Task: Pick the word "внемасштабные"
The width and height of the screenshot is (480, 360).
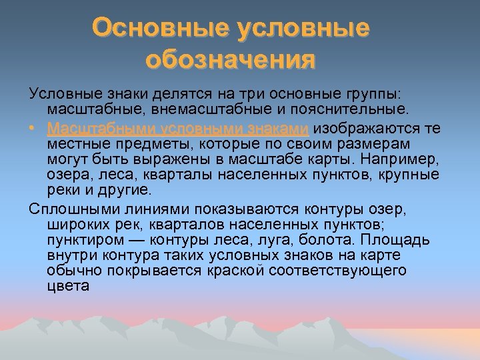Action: tap(211, 108)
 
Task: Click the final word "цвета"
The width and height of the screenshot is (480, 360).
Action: tap(67, 287)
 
